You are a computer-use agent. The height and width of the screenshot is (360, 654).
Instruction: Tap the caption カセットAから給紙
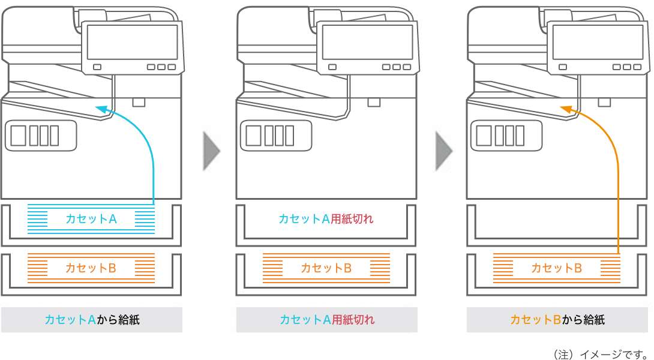[x=92, y=320]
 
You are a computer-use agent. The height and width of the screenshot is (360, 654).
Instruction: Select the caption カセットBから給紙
[x=557, y=320]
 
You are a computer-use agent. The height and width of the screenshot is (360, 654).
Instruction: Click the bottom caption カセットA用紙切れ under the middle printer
[x=327, y=320]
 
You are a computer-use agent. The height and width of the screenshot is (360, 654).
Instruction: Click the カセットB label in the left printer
[x=91, y=268]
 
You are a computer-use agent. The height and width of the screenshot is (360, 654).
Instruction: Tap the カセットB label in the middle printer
[x=326, y=268]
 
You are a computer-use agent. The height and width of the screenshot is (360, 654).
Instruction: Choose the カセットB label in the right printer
[x=556, y=268]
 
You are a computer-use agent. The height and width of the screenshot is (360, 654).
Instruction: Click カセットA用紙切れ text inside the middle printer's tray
[x=326, y=219]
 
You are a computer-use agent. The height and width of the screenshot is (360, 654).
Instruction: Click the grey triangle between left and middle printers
[x=212, y=150]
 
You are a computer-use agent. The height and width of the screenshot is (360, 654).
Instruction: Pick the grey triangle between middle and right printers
[x=443, y=150]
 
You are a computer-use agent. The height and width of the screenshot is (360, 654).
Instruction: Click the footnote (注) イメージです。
[x=601, y=353]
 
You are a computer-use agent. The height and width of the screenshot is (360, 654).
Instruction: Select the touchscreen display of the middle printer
[x=368, y=42]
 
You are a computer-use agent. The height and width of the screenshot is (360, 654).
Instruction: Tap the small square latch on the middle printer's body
[x=374, y=102]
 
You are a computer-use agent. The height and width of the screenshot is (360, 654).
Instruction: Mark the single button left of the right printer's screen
[x=563, y=67]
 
